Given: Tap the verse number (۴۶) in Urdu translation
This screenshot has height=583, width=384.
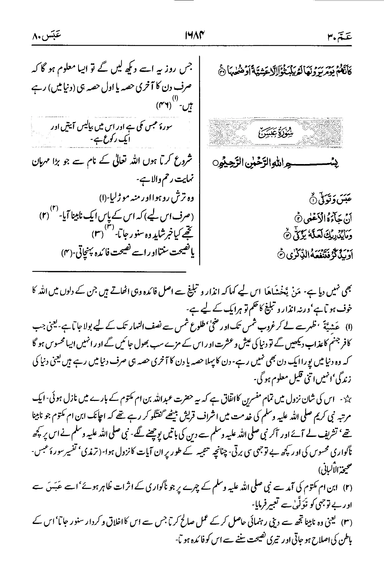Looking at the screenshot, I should pos(163,105).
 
